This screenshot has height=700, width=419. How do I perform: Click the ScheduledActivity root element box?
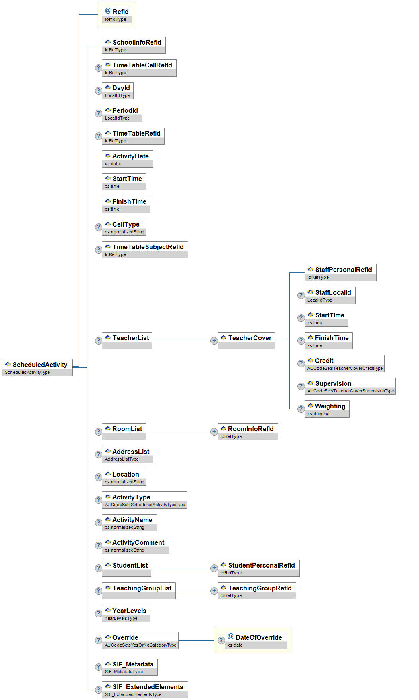click(x=37, y=367)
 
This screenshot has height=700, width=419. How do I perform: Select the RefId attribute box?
click(x=117, y=15)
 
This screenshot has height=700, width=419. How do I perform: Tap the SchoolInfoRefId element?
click(x=134, y=45)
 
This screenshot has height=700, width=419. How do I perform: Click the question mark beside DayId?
click(x=98, y=91)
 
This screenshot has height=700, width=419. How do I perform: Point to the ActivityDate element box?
click(x=128, y=159)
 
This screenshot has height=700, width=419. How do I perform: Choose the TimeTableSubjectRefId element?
click(x=145, y=250)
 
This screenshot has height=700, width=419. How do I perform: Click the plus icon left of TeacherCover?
click(x=214, y=341)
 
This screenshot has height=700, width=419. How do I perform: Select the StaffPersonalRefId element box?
click(x=340, y=272)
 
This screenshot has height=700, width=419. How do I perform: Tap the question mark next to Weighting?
click(x=301, y=409)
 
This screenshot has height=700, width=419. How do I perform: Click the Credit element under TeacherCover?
click(x=344, y=363)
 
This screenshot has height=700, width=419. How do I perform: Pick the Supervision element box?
click(x=350, y=386)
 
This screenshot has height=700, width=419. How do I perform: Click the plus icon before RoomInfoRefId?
click(x=214, y=432)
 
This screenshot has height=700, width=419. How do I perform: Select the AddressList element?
click(x=128, y=454)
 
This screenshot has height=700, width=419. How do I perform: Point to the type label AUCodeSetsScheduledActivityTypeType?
click(x=145, y=505)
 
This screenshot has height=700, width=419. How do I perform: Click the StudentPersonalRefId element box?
click(x=258, y=568)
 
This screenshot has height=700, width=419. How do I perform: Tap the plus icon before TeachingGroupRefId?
click(x=214, y=591)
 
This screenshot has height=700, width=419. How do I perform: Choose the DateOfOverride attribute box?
click(x=256, y=640)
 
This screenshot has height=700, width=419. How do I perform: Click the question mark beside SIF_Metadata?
click(x=98, y=667)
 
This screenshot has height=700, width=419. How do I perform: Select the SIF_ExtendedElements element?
click(x=145, y=690)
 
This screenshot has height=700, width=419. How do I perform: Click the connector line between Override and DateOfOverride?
click(x=196, y=641)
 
